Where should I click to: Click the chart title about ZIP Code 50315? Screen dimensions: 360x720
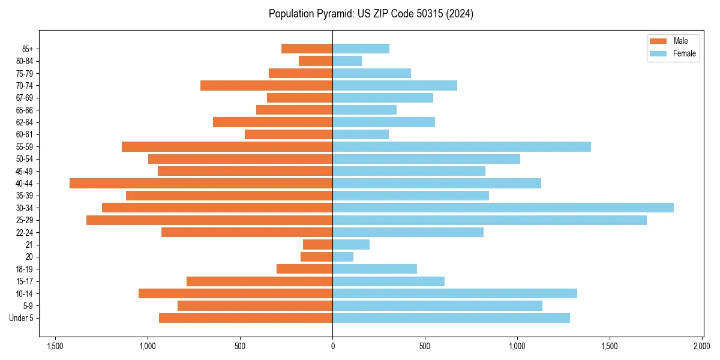click(371, 14)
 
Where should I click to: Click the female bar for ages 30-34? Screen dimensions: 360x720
click(503, 208)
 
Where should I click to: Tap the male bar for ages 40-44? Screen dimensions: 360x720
click(201, 183)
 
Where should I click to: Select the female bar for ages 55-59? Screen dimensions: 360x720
click(461, 146)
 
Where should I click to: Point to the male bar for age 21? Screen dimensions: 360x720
click(317, 244)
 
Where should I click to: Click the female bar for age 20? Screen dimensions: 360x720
click(343, 257)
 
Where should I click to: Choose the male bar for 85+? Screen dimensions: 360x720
click(307, 49)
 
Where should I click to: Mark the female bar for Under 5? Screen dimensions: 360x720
click(451, 318)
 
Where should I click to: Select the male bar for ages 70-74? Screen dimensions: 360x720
click(266, 85)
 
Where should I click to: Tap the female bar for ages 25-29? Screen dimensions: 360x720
click(490, 220)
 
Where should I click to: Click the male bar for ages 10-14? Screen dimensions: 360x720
click(235, 293)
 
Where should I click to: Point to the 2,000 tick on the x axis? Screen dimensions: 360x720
click(702, 346)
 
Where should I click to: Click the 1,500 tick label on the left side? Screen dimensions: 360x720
click(55, 346)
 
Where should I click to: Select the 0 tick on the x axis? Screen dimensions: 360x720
click(332, 346)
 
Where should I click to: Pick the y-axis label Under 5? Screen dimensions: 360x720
click(21, 318)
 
